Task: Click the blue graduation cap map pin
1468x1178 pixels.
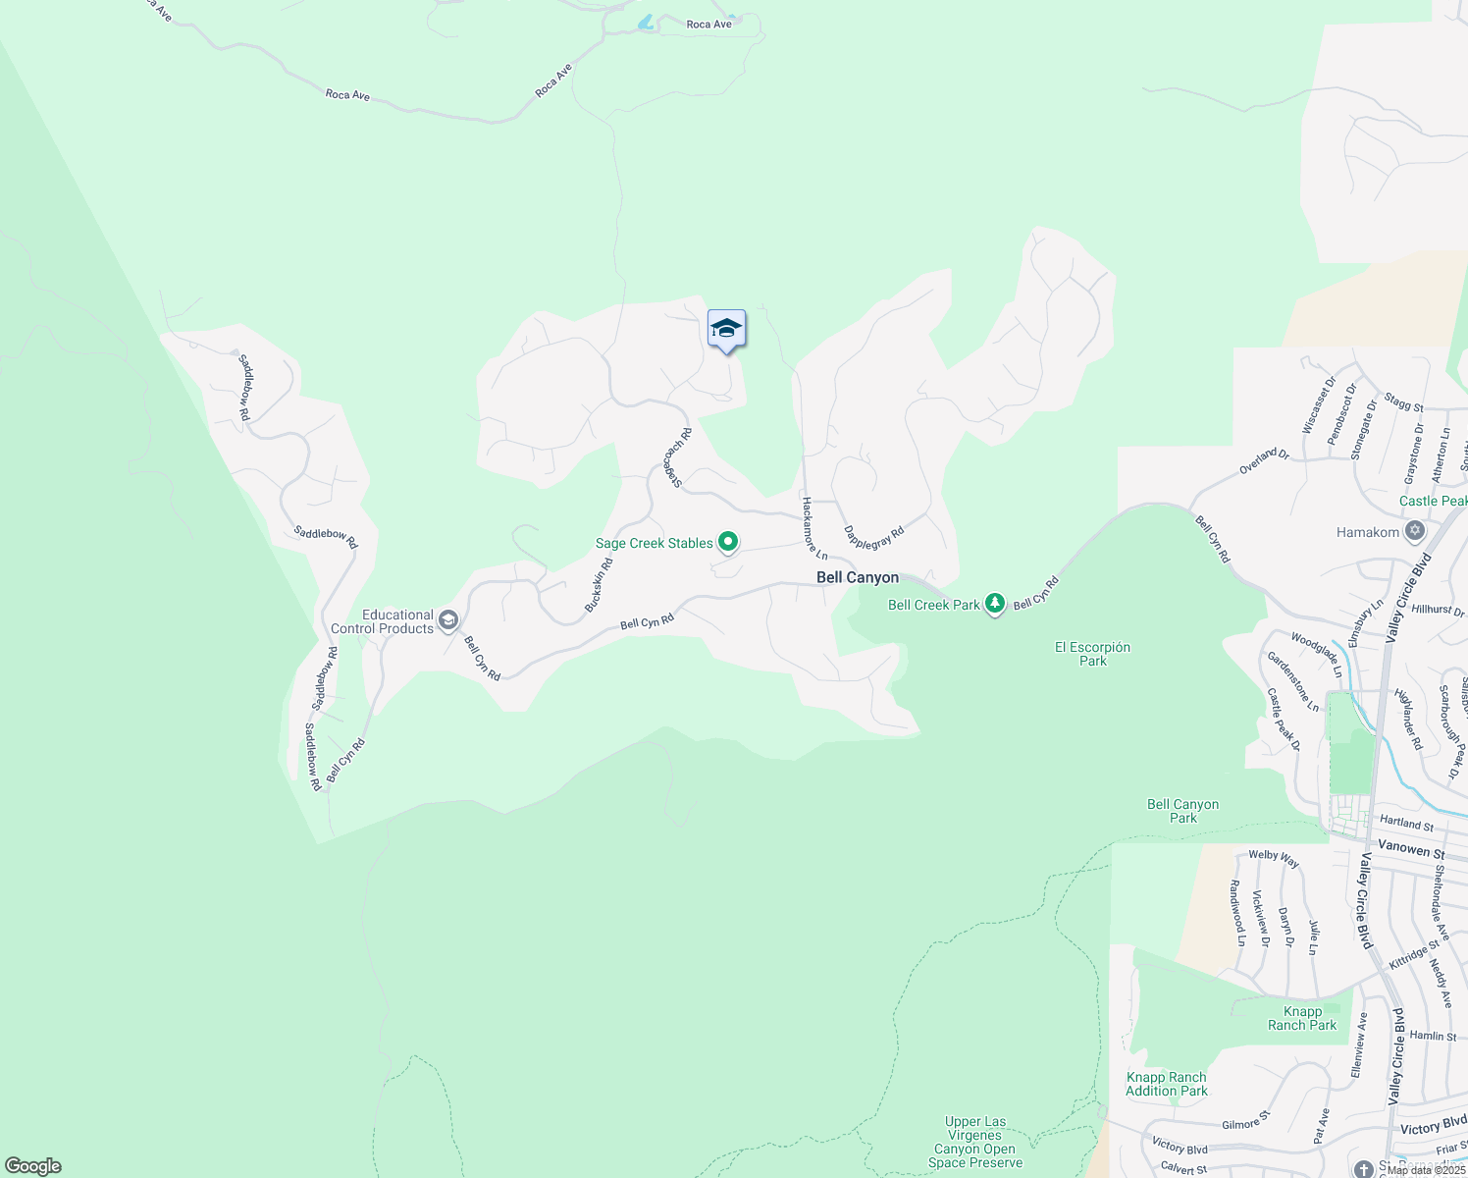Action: (726, 329)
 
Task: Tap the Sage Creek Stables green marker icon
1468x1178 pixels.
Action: (728, 542)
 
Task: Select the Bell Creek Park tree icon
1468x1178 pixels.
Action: (995, 604)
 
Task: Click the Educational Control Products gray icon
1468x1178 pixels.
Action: (448, 620)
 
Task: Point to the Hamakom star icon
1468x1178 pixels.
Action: (1414, 532)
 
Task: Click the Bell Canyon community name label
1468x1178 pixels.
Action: (857, 578)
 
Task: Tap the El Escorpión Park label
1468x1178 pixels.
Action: (1092, 654)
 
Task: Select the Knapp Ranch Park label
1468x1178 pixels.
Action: (1302, 1018)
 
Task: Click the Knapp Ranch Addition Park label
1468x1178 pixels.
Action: (1166, 1084)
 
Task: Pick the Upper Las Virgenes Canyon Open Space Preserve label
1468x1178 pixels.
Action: (974, 1142)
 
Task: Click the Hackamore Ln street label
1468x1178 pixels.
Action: (813, 527)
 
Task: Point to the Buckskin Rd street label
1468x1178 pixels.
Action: (599, 585)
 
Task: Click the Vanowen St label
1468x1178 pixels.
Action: (1411, 849)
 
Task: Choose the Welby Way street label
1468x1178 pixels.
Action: (1274, 859)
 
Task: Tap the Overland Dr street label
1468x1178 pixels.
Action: (1264, 460)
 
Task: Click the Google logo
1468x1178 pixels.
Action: (33, 1166)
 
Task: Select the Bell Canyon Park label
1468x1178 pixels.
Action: (1182, 811)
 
